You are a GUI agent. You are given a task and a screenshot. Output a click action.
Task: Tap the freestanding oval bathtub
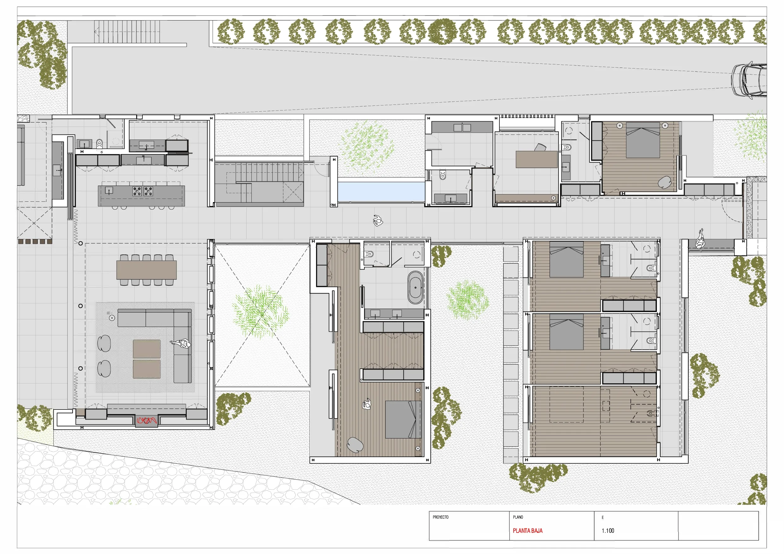[415, 287]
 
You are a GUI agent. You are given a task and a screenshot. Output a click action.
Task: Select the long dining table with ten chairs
[147, 270]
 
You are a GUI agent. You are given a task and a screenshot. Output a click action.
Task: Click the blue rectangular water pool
[381, 192]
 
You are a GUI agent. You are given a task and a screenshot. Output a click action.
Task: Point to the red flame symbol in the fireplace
[147, 420]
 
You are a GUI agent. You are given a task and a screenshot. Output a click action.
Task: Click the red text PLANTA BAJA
[528, 531]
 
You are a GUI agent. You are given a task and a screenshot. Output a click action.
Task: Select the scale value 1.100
[608, 531]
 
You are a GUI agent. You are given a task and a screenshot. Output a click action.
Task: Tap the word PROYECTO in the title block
[441, 517]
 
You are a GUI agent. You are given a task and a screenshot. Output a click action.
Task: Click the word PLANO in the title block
[518, 517]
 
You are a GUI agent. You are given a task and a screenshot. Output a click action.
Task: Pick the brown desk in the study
[536, 159]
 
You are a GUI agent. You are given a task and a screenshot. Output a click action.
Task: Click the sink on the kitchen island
[109, 190]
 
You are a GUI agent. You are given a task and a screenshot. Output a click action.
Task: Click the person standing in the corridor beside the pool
[378, 221]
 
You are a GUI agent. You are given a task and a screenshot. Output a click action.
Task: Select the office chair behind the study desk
[540, 147]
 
